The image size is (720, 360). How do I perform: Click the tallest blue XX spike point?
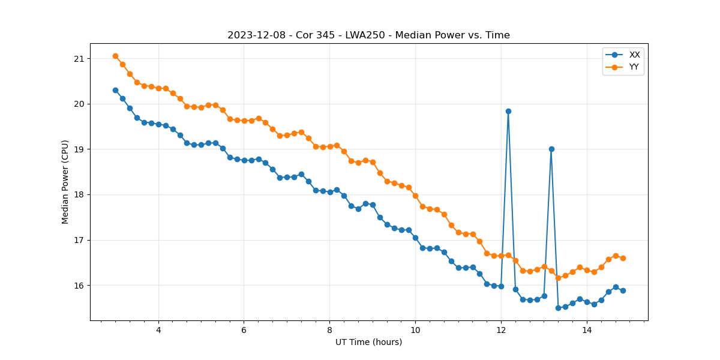click(508, 111)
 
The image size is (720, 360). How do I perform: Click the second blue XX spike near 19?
click(551, 149)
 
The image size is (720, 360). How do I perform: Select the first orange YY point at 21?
click(115, 56)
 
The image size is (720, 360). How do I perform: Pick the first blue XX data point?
click(115, 90)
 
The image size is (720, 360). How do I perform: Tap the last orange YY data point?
click(623, 258)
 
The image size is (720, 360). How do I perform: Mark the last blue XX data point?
click(623, 290)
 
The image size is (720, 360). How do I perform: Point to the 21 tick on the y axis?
click(79, 59)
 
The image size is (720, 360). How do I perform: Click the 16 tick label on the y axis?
click(79, 286)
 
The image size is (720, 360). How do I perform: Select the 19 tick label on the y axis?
click(79, 149)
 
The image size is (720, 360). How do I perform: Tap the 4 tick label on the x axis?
click(158, 330)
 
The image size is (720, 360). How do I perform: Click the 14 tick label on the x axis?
click(587, 330)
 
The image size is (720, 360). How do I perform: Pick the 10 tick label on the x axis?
click(415, 330)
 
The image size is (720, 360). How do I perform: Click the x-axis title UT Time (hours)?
click(368, 342)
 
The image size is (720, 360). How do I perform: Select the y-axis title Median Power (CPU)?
click(65, 182)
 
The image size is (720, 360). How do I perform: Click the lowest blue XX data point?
click(558, 308)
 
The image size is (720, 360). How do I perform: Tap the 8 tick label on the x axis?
click(329, 330)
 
